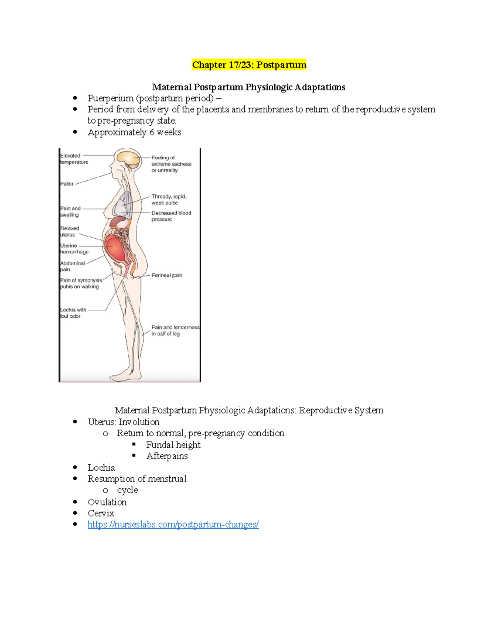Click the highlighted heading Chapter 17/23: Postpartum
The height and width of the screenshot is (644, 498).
tap(249, 65)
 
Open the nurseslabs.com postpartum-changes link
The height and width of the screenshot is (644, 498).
tap(173, 525)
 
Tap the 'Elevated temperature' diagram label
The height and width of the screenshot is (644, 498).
tap(74, 159)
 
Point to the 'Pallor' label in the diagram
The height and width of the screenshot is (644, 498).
tap(67, 184)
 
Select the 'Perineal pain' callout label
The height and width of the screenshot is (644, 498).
tap(166, 275)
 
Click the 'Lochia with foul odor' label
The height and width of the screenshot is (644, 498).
tap(73, 313)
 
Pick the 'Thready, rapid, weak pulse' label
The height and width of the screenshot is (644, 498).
tap(168, 199)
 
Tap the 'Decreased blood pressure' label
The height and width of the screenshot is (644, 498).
tap(171, 216)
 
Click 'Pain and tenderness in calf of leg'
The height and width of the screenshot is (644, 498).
tap(175, 331)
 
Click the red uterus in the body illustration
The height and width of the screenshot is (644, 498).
tap(115, 248)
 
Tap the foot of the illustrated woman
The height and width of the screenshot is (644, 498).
tap(124, 375)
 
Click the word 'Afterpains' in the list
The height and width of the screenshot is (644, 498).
tap(167, 456)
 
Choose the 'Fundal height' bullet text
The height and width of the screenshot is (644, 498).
tap(173, 445)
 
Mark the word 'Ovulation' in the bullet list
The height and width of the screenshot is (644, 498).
tap(107, 502)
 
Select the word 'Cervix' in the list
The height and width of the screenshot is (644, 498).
tap(101, 513)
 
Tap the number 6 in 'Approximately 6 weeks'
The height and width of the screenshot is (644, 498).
tap(152, 132)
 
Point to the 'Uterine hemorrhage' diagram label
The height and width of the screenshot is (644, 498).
tap(74, 249)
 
